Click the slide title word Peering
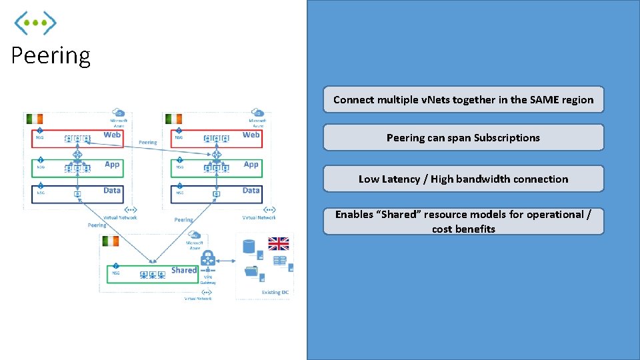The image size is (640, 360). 51,55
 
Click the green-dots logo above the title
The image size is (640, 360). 36,23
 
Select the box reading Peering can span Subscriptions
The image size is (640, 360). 463,138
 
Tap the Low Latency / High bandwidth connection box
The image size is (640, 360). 463,179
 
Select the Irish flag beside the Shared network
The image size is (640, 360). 110,241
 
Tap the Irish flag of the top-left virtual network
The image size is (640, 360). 35,119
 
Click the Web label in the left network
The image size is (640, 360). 112,135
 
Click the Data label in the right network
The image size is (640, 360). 251,191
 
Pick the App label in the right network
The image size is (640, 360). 251,165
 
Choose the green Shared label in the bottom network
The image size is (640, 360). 183,270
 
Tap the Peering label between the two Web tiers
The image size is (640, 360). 148,143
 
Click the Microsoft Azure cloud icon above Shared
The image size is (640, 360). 195,235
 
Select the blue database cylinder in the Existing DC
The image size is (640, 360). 249,246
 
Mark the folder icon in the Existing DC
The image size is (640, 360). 251,271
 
